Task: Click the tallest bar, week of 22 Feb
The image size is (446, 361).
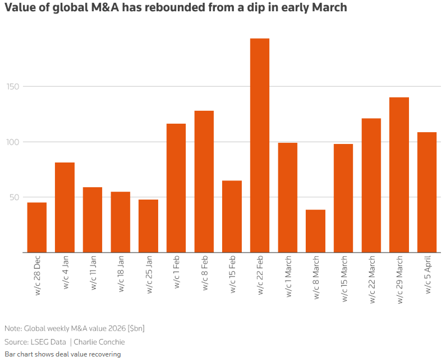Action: (x=260, y=146)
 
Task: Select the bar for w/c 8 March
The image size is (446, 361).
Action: (x=315, y=231)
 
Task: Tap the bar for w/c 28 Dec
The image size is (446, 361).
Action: (x=37, y=228)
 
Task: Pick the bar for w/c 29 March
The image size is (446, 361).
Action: (x=399, y=175)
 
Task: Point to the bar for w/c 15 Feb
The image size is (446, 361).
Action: (x=232, y=216)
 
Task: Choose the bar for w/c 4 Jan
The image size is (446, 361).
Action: (x=65, y=207)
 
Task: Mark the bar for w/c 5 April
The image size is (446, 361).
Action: (x=427, y=192)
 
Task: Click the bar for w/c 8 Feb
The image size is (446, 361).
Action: (x=204, y=182)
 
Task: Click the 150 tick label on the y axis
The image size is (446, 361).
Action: (x=12, y=87)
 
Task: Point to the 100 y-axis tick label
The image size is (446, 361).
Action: (x=12, y=142)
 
